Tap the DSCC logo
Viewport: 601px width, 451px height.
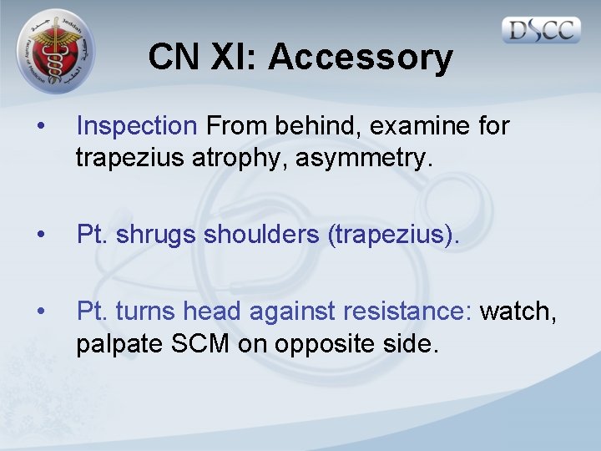click(x=542, y=30)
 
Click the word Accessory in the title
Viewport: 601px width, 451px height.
click(x=361, y=58)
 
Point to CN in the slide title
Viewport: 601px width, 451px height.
click(x=173, y=58)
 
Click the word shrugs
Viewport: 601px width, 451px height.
click(x=159, y=236)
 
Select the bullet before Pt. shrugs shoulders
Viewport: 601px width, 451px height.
click(x=40, y=236)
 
